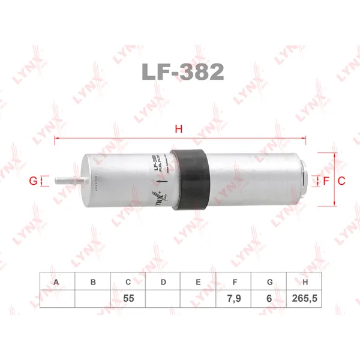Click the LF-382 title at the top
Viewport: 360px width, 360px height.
point(183,72)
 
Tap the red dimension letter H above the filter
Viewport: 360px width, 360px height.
point(178,128)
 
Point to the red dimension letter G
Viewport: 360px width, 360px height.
point(34,180)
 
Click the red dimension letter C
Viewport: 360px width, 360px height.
point(340,180)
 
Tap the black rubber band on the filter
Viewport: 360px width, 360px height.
point(191,178)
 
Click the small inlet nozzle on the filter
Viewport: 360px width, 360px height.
point(66,179)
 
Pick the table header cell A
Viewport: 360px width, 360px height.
point(57,281)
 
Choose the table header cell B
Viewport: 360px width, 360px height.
point(92,281)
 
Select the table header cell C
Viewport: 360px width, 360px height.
point(128,281)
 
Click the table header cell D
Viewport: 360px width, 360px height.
point(163,281)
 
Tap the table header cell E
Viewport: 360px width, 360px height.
point(199,281)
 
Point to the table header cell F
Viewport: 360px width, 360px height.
point(234,281)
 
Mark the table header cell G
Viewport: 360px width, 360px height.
point(269,281)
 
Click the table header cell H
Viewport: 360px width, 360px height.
point(305,281)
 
